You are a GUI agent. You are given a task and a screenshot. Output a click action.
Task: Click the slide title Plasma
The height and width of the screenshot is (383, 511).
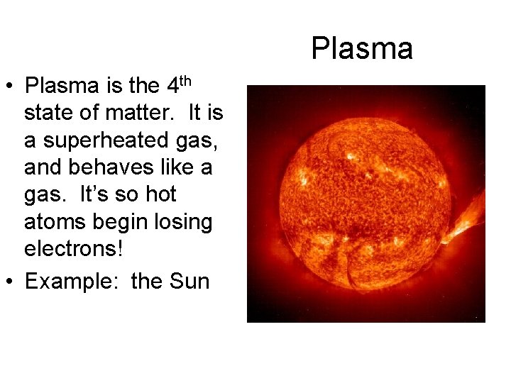coord(362,49)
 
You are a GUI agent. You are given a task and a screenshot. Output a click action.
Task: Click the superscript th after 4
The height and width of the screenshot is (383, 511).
coord(185,80)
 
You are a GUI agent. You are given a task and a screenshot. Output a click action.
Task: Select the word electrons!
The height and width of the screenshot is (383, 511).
coord(65,250)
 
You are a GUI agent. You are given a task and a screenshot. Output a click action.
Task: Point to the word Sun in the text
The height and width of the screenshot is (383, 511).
coord(189,282)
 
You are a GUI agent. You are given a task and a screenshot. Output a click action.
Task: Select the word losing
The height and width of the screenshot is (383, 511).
coord(184,223)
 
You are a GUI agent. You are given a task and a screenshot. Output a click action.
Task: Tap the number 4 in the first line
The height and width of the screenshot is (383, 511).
coord(172,87)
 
